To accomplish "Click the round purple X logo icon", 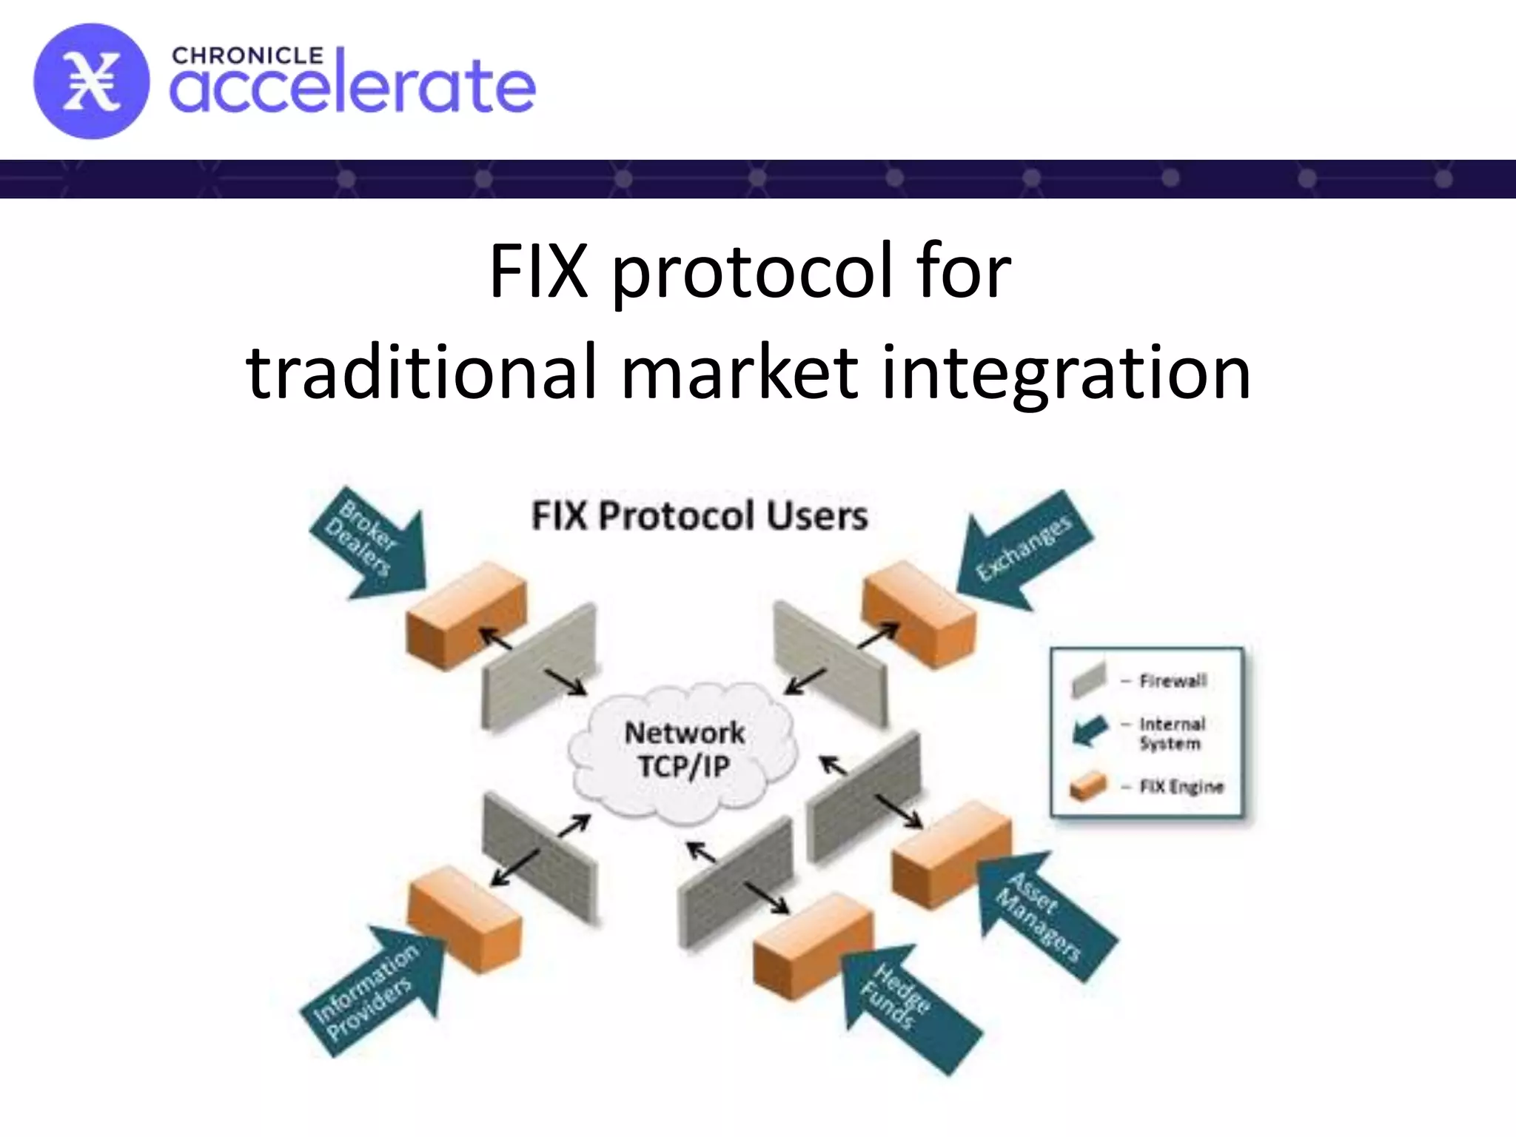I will pos(90,81).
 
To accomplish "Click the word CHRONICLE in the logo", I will pos(247,56).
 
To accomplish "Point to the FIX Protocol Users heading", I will pos(699,516).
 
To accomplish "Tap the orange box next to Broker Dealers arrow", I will pos(465,616).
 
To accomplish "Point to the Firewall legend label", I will pos(1173,680).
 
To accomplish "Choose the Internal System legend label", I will pos(1172,734).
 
